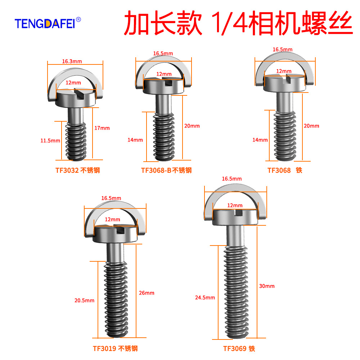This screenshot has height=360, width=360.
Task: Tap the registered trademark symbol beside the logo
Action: (x=78, y=19)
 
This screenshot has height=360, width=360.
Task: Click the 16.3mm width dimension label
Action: (x=72, y=61)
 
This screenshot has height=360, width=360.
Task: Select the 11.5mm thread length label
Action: (x=50, y=140)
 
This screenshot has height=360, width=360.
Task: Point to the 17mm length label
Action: (x=102, y=128)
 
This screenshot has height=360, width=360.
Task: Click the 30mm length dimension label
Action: (x=267, y=286)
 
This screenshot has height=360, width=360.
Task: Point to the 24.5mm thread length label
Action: (x=205, y=298)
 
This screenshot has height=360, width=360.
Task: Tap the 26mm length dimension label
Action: (x=147, y=293)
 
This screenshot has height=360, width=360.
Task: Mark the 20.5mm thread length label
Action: (x=84, y=300)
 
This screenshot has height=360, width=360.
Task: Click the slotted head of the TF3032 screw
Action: (x=76, y=98)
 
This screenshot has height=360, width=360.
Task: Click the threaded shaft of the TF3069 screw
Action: (x=236, y=292)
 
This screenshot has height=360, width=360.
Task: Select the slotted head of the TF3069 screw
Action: (x=235, y=217)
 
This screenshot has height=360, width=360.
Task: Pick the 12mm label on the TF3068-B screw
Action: (x=164, y=74)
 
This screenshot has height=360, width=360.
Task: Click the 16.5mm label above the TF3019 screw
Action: (x=111, y=198)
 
